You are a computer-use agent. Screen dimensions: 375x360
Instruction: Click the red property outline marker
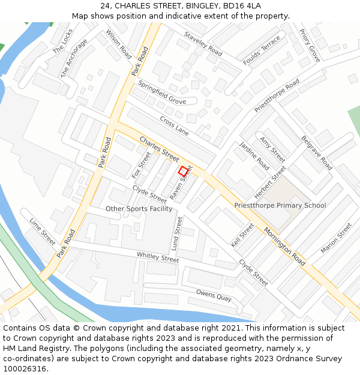point(184,171)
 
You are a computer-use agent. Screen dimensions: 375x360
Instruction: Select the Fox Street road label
point(142,165)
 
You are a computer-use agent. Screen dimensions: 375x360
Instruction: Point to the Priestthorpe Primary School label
point(280,205)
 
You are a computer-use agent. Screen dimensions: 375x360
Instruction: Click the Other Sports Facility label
point(139,209)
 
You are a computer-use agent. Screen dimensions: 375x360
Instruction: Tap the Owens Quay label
point(213,296)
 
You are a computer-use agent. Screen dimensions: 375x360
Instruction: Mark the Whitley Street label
point(158,257)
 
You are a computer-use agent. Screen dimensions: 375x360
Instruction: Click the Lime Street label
point(42,232)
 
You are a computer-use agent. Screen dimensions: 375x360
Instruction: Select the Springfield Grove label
point(162,92)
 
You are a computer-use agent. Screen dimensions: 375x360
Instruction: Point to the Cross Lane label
point(174,125)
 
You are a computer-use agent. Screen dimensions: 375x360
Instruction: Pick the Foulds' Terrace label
point(262,50)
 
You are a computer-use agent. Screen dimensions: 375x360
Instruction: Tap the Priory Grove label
point(310,46)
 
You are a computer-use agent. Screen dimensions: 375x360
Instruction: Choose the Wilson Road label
point(119,44)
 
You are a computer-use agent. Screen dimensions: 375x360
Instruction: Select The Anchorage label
point(74,58)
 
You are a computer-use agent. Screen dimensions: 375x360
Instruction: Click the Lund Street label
point(177,233)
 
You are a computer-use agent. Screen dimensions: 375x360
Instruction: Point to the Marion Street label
point(336,238)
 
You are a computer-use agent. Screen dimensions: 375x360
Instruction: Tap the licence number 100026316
point(25,368)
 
